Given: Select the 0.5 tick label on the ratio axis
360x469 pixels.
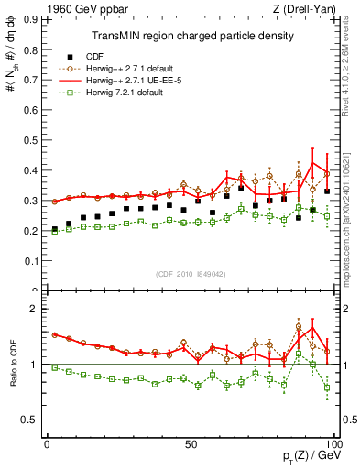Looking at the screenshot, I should pos(28,420).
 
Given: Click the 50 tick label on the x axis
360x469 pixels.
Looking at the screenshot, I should pos(191,444).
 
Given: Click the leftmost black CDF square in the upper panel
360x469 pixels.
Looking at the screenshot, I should pos(54,229).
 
